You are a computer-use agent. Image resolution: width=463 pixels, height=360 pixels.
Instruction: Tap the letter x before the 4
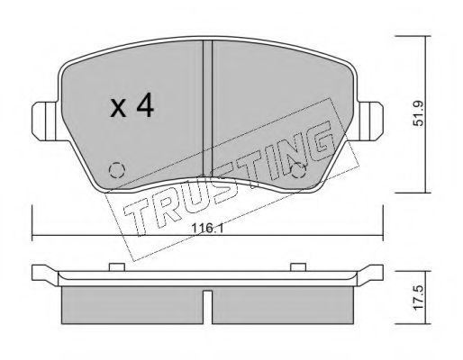tap(117, 110)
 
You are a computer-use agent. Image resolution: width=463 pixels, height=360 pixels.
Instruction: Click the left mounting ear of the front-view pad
tap(44, 118)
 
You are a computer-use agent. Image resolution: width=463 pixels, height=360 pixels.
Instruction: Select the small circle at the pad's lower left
tap(114, 168)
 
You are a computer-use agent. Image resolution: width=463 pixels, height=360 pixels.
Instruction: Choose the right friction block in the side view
tap(281, 307)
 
